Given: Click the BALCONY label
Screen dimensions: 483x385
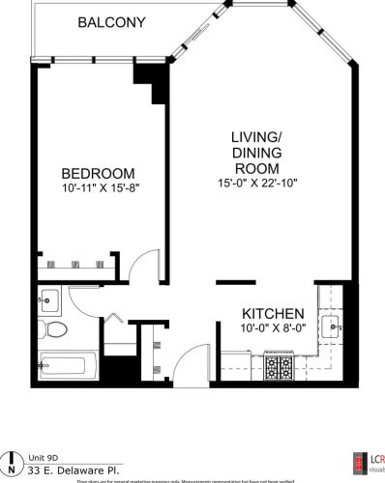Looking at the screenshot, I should (112, 21).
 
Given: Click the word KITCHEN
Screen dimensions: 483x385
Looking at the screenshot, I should (274, 315).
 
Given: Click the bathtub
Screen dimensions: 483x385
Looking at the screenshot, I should (68, 366).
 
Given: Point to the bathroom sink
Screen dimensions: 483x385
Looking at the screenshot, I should (50, 298).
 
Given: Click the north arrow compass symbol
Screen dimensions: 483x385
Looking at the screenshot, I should (13, 461).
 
